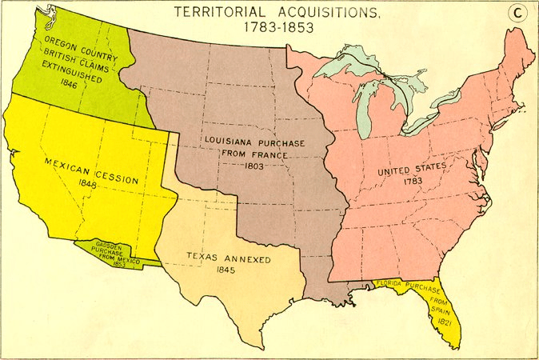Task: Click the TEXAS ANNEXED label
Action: coord(229,259)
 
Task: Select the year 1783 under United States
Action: coord(413,182)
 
